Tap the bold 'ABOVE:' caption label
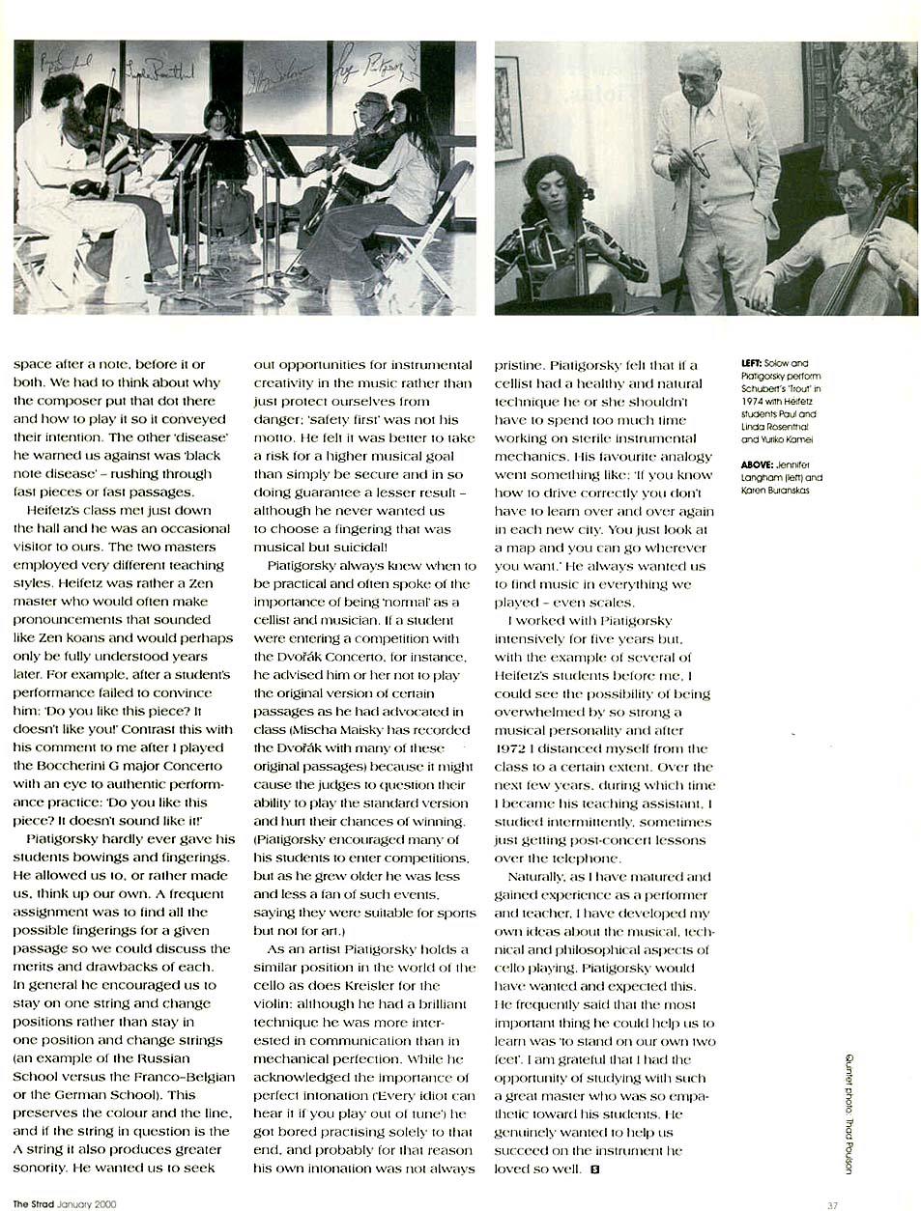tap(756, 465)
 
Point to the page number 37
tap(832, 1204)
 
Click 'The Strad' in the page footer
tap(33, 1204)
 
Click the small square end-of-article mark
tap(593, 1169)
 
